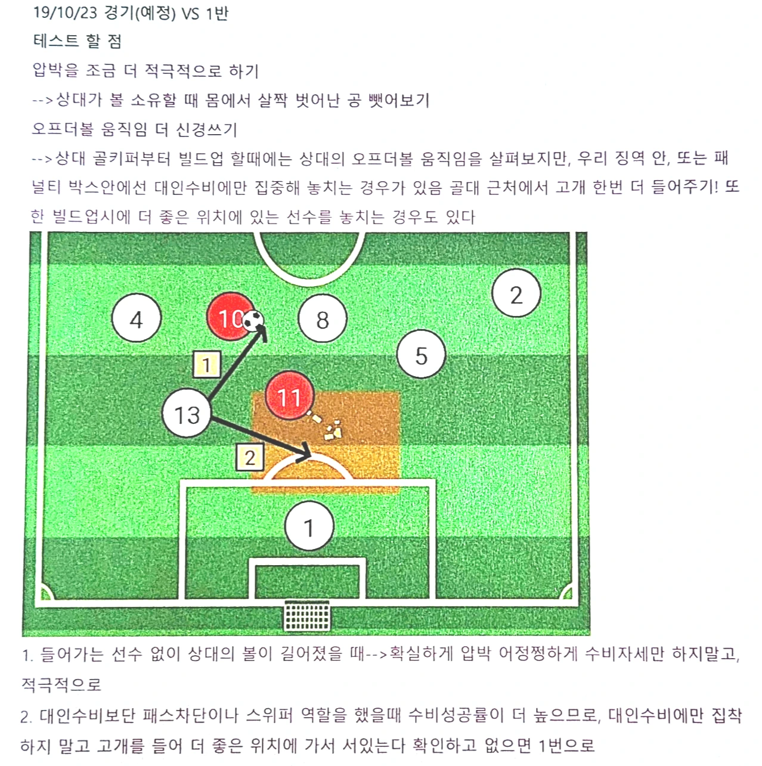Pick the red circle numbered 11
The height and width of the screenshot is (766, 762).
290,396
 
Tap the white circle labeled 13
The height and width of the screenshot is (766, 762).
187,414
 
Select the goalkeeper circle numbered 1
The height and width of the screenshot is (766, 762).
309,526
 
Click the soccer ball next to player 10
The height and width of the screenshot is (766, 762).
254,320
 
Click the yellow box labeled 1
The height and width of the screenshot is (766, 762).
206,364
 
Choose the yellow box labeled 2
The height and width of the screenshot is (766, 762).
250,457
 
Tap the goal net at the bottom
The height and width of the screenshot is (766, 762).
307,616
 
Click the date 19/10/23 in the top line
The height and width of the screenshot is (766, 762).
64,13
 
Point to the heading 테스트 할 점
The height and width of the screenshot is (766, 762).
78,41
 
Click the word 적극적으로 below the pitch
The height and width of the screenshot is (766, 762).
61,684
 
